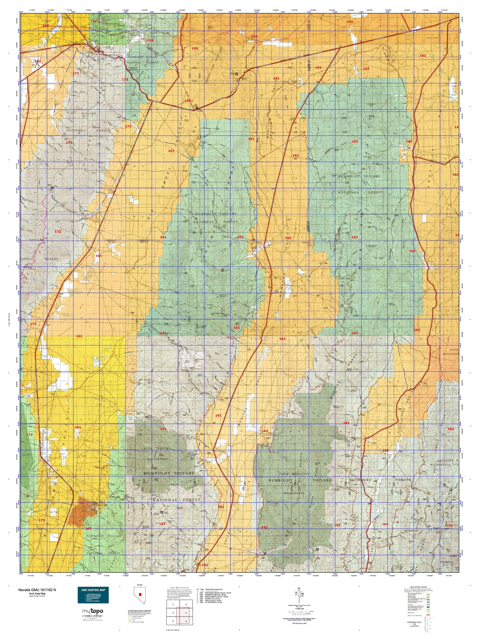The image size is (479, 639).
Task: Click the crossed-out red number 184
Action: click(38, 61)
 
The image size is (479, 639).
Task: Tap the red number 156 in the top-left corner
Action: click(45, 26)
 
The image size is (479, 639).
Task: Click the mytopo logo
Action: click(92, 611)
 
